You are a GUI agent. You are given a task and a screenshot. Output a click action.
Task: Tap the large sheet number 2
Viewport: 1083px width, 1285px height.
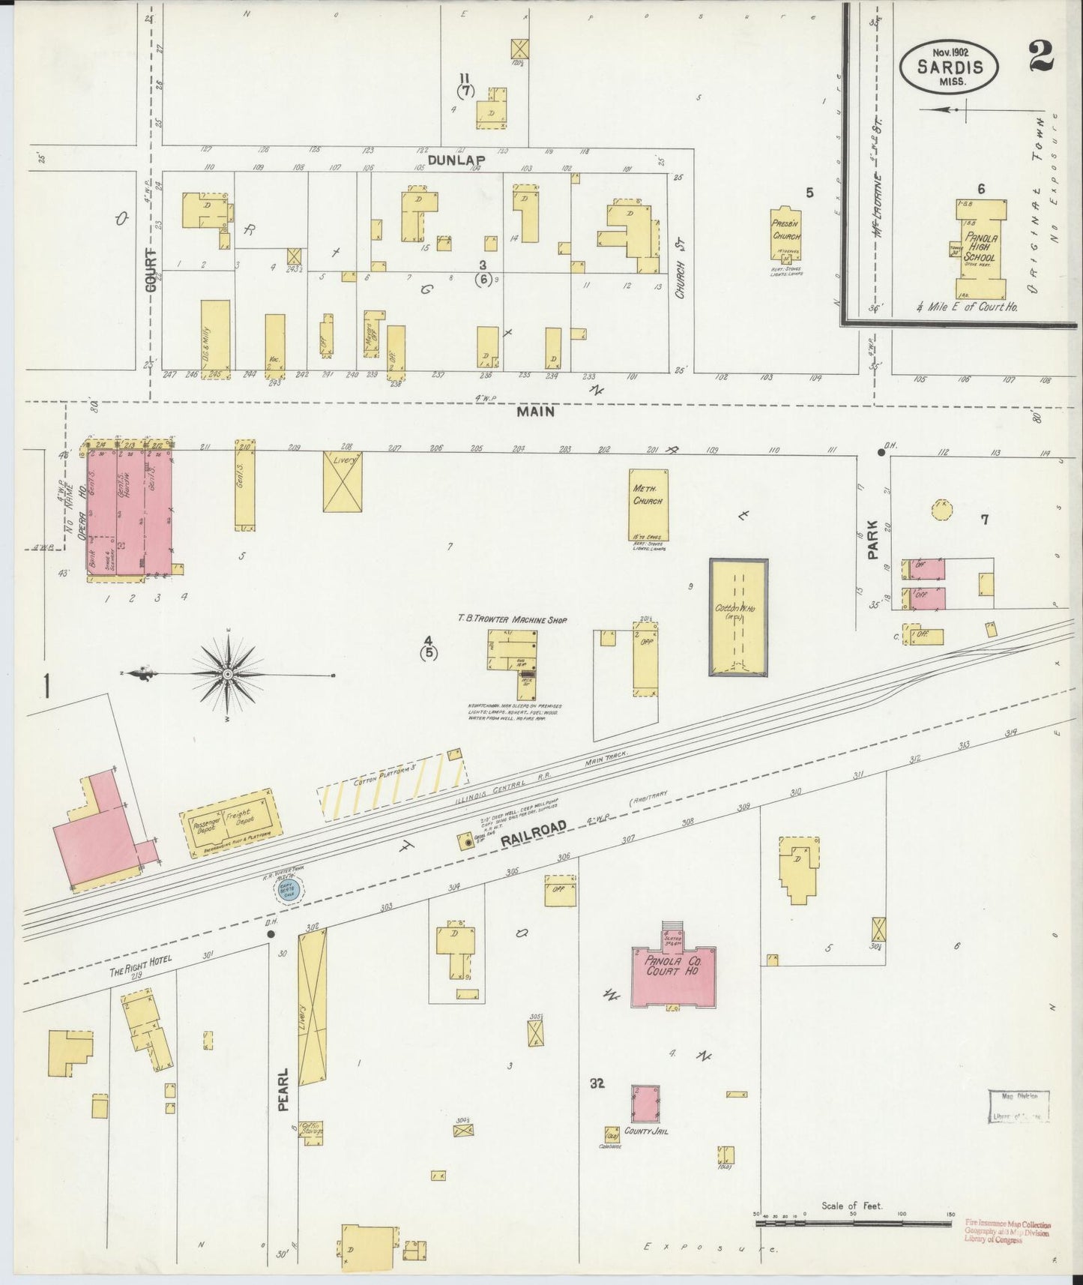pyautogui.click(x=1041, y=55)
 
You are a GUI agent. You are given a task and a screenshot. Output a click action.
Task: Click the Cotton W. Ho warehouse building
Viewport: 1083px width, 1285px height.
pyautogui.click(x=738, y=616)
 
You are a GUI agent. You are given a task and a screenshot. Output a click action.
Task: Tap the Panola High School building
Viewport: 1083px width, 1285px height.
pyautogui.click(x=980, y=249)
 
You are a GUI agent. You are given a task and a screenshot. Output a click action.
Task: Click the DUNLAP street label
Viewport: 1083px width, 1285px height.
pyautogui.click(x=456, y=160)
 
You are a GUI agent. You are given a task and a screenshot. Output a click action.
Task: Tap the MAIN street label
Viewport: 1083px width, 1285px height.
pyautogui.click(x=536, y=411)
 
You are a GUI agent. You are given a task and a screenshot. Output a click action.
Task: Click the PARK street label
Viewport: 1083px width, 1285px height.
pyautogui.click(x=872, y=541)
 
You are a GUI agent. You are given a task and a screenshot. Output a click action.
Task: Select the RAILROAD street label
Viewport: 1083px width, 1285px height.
pyautogui.click(x=532, y=833)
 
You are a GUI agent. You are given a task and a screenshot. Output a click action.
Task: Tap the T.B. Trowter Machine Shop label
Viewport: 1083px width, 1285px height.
pyautogui.click(x=512, y=620)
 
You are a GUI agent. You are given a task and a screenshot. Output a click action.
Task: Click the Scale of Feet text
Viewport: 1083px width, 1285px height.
pyautogui.click(x=851, y=1206)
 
